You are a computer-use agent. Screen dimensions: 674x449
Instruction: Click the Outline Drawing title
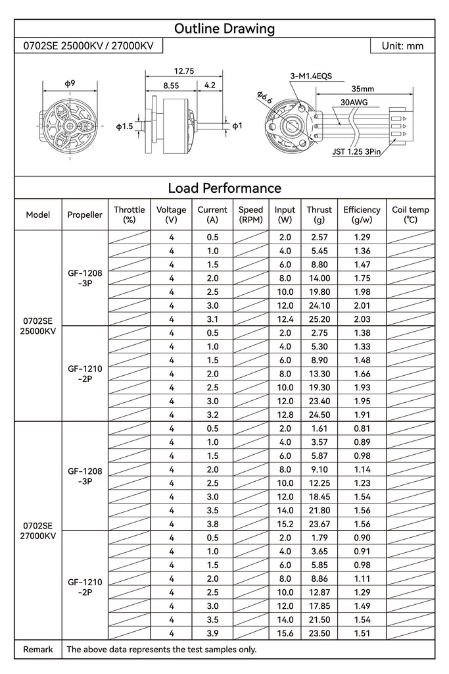pos(224,28)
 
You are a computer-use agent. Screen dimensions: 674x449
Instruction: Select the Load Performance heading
pos(224,188)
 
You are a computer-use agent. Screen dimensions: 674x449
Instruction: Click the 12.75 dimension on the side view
pos(183,71)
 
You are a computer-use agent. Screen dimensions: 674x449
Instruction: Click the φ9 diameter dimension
pos(69,83)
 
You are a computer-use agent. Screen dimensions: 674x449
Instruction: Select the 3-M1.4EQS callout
pos(311,76)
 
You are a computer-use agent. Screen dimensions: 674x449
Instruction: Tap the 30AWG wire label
pos(354,103)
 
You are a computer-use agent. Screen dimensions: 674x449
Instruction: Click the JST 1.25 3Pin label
pos(356,151)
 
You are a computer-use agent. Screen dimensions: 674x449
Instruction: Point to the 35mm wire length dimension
pos(362,89)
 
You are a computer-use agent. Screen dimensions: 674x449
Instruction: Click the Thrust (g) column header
pos(319,215)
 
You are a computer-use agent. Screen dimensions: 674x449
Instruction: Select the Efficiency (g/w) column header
pos(362,215)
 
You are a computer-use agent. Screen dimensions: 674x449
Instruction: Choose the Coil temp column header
pos(410,215)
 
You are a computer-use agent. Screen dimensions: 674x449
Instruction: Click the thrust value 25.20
pos(319,319)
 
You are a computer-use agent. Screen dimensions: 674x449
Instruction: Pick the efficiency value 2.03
pos(362,319)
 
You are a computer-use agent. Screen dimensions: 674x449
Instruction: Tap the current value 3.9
pos(212,633)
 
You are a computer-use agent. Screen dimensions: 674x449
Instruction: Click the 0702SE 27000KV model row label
pos(38,531)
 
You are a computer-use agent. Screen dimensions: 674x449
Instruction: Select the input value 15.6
pos(285,633)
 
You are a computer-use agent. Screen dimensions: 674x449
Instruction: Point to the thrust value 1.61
pos(319,428)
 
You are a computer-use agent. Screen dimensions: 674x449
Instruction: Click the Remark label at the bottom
pos(38,650)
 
